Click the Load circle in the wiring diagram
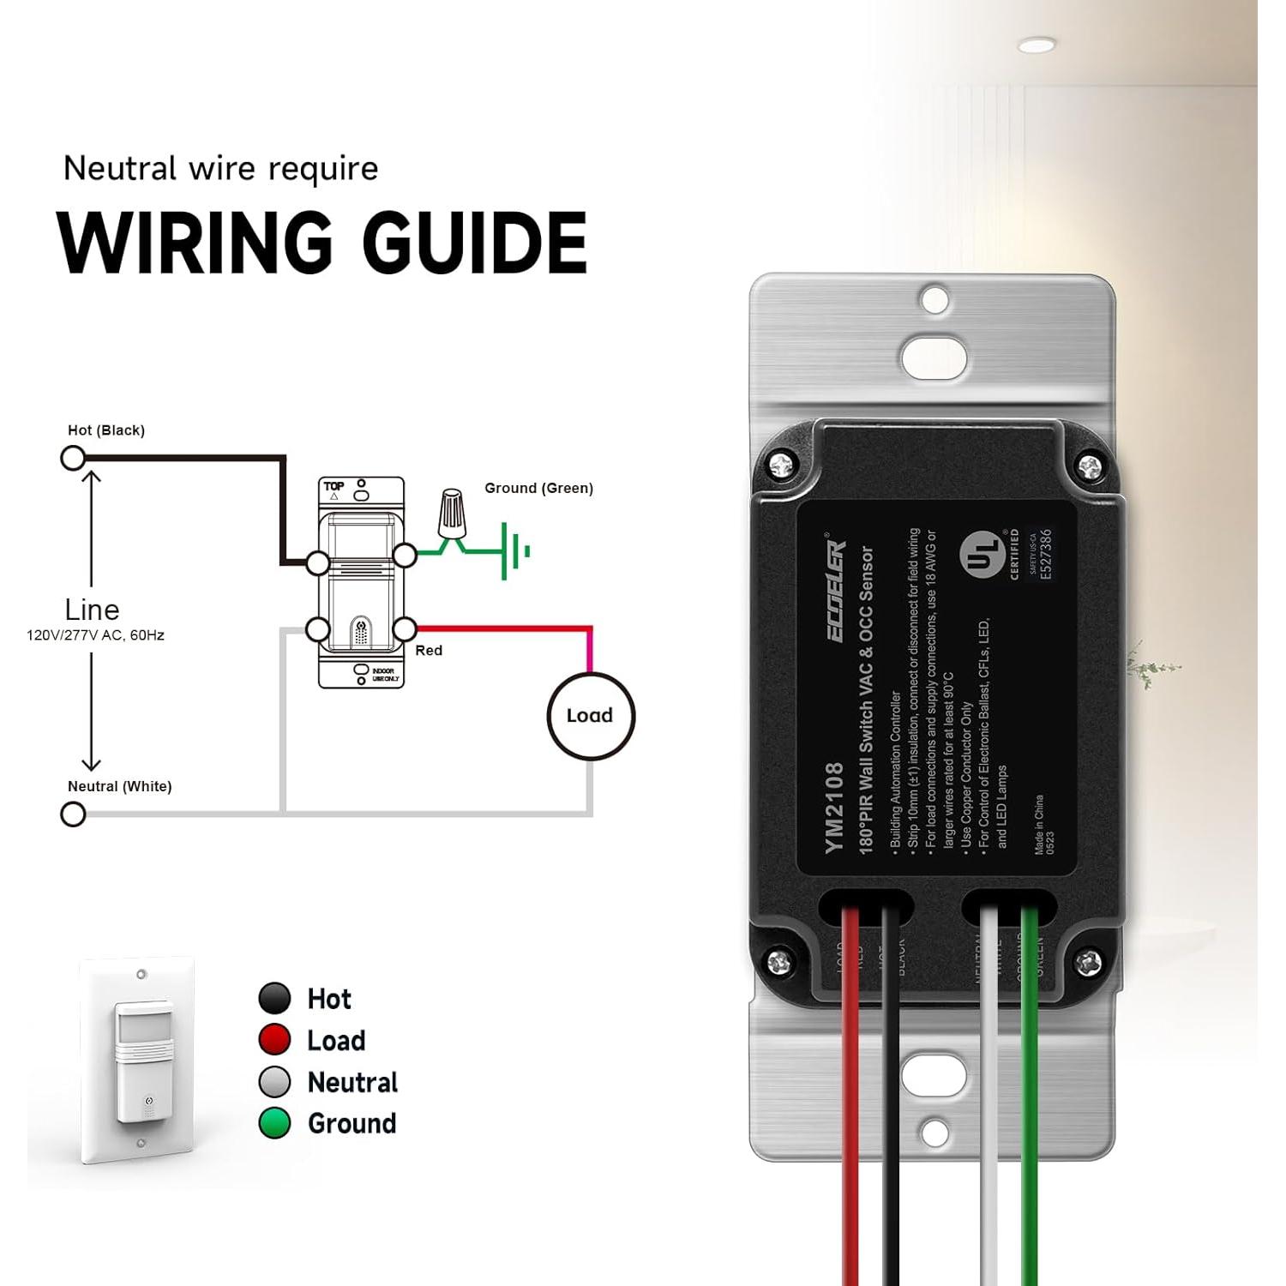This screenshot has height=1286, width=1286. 591,716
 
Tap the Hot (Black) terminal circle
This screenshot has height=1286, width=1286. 73,459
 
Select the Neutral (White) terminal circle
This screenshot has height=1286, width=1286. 74,814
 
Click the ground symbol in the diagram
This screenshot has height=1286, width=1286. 514,551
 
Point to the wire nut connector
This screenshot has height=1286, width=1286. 452,513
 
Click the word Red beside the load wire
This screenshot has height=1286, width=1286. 429,651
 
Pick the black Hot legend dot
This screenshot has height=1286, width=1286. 274,999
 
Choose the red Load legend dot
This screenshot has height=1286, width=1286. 274,1040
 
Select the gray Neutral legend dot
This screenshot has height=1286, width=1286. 274,1082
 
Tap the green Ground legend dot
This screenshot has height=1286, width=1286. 274,1123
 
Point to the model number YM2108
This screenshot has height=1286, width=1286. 834,808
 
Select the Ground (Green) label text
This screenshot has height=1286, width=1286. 538,488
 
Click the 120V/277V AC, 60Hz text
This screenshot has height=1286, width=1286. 95,635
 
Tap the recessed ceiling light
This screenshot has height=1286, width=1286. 1037,45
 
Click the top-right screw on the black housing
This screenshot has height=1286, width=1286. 1089,467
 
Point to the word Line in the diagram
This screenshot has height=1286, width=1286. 92,610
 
